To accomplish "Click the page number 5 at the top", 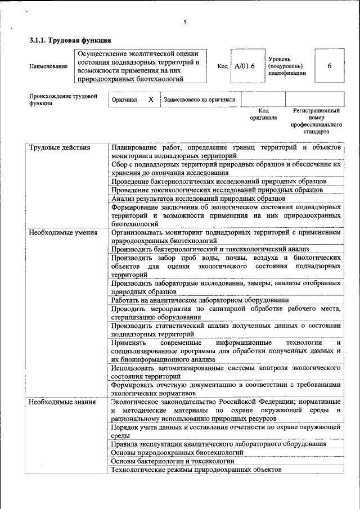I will [x=185, y=22].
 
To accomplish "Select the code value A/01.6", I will [x=245, y=66].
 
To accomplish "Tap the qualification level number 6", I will [x=329, y=66].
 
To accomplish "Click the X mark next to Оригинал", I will [x=150, y=99].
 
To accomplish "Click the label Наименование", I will [x=48, y=66].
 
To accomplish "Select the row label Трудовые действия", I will [x=60, y=147].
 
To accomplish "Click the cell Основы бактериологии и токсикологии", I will [x=173, y=461].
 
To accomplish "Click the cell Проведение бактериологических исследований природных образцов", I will [x=219, y=181].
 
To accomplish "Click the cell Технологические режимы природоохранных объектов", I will [x=196, y=470].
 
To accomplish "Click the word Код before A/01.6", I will [x=222, y=66].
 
